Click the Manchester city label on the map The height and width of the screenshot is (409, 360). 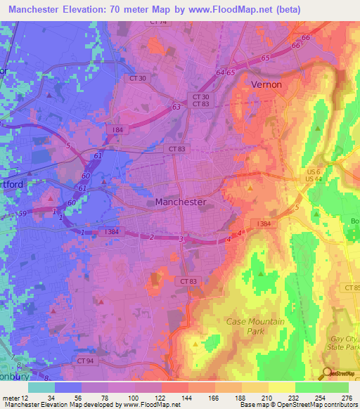pyautogui.click(x=180, y=202)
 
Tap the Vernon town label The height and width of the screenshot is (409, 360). pyautogui.click(x=266, y=84)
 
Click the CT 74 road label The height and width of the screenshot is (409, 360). pyautogui.click(x=160, y=22)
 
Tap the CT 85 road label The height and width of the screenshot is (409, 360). pyautogui.click(x=352, y=288)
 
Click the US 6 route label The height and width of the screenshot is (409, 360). pyautogui.click(x=292, y=171)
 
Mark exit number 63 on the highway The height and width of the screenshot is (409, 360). pyautogui.click(x=175, y=107)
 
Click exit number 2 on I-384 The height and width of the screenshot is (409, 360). pyautogui.click(x=150, y=238)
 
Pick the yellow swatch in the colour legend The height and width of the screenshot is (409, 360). pyautogui.click(x=281, y=387)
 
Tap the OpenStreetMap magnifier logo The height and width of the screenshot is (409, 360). pyautogui.click(x=328, y=374)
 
